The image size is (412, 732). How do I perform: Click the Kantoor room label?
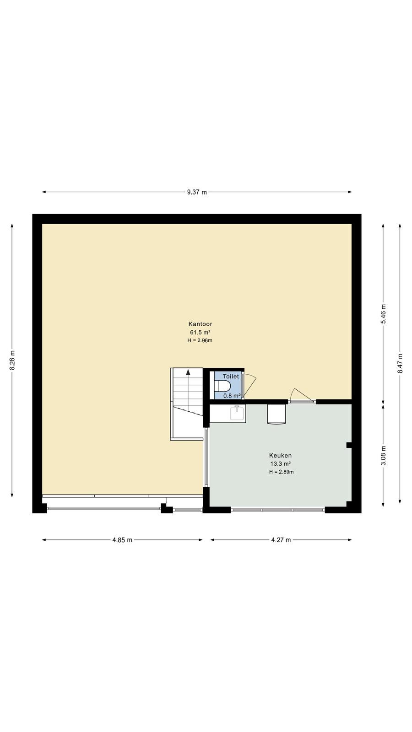tap(200, 324)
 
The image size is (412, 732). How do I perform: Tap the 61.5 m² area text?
tap(200, 332)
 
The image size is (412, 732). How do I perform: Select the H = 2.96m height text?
tap(200, 340)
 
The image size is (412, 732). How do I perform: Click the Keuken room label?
tap(281, 455)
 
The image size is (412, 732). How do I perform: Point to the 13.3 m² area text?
tap(281, 464)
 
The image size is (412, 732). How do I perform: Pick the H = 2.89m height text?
tap(281, 472)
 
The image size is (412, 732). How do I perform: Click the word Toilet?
tap(231, 377)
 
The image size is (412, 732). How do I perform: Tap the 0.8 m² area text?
tap(232, 396)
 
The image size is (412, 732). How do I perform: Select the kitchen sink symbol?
tap(237, 413)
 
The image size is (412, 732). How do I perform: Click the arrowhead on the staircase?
tap(188, 371)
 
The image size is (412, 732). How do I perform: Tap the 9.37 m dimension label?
tap(197, 192)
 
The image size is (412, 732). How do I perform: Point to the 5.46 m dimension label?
tap(383, 314)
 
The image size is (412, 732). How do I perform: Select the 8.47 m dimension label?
tap(400, 363)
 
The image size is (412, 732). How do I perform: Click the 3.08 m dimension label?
tap(383, 456)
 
